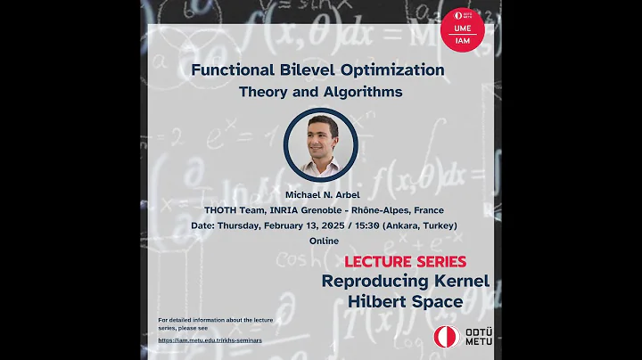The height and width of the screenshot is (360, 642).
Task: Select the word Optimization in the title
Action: coord(397,70)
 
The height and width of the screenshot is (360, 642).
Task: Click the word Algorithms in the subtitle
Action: coord(365,91)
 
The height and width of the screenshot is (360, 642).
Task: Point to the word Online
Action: coord(320,241)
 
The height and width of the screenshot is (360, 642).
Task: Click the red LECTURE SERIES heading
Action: coord(406,262)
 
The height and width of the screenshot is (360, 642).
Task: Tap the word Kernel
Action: coord(457,281)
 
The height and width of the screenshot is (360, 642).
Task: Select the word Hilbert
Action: coord(380,301)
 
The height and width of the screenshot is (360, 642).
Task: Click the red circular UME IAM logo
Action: coord(463,28)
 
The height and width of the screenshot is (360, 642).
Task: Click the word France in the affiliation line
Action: coord(426,211)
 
